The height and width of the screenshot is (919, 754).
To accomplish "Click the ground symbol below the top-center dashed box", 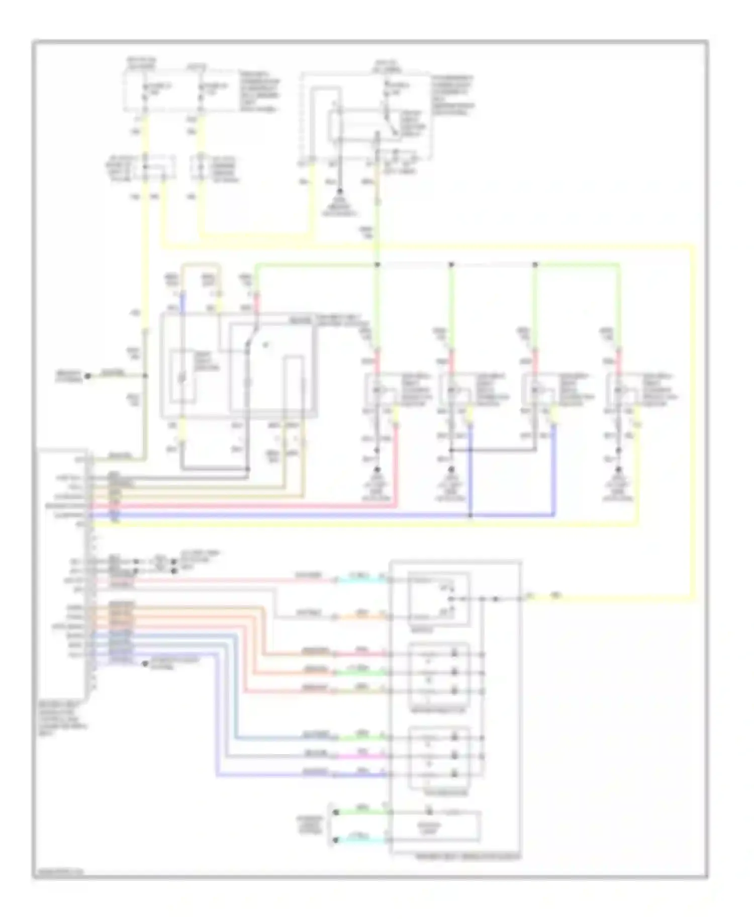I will point(339,193).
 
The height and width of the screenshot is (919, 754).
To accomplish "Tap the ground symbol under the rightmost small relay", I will point(618,473).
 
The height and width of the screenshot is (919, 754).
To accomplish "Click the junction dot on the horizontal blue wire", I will point(470,515).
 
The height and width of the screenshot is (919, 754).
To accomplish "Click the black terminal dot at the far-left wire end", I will point(87,376).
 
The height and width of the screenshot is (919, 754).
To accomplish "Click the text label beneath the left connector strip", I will point(62,719).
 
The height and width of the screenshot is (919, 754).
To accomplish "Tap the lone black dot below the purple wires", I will point(145,664).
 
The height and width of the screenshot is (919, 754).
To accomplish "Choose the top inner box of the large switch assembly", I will point(439,598).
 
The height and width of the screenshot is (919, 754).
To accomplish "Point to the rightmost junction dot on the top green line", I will point(535,264).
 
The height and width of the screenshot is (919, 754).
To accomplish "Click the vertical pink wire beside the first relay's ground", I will point(396,463).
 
